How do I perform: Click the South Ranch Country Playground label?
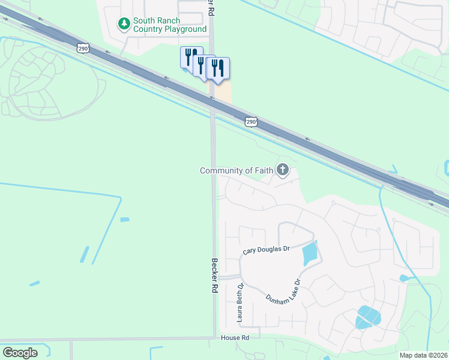169,25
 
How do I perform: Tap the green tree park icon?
124,24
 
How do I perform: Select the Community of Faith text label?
236,171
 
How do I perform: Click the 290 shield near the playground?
83,47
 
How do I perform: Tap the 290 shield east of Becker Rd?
252,122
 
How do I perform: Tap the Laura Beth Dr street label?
240,303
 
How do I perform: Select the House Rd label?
235,338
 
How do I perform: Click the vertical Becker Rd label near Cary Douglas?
214,275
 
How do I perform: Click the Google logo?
20,352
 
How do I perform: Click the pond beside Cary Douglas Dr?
309,253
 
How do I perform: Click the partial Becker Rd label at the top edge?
211,7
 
